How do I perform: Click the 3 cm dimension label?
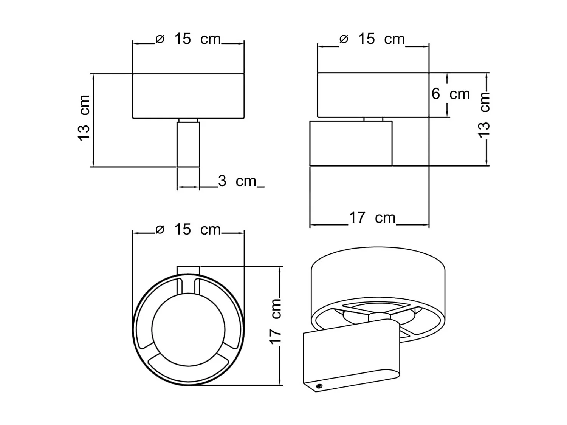pyautogui.click(x=237, y=182)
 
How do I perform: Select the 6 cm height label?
pyautogui.click(x=451, y=94)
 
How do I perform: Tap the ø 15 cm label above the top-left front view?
pyautogui.click(x=188, y=39)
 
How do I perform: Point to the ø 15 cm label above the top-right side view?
pyautogui.click(x=372, y=39)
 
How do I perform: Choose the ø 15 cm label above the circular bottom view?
pyautogui.click(x=188, y=230)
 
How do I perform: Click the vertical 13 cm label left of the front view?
pyautogui.click(x=84, y=118)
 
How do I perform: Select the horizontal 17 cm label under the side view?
pyautogui.click(x=372, y=218)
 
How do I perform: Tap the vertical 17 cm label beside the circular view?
pyautogui.click(x=276, y=321)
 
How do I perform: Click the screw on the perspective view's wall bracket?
pyautogui.click(x=319, y=386)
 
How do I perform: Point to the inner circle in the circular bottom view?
pyautogui.click(x=188, y=329)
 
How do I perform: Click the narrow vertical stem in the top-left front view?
pyautogui.click(x=188, y=144)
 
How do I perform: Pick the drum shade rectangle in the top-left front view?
pyautogui.click(x=188, y=96)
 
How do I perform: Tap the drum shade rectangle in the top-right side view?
pyautogui.click(x=373, y=94)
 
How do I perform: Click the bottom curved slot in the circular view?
pyautogui.click(x=188, y=367)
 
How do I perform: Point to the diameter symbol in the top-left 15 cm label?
pyautogui.click(x=160, y=39)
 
